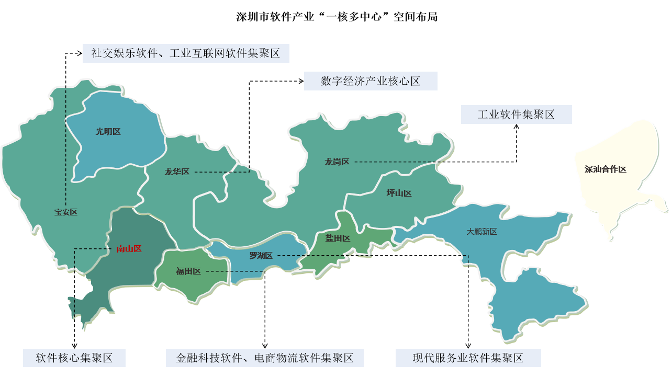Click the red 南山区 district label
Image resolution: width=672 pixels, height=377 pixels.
(x=129, y=249)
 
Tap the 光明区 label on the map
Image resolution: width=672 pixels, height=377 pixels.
(x=108, y=132)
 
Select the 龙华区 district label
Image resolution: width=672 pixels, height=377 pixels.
(x=176, y=172)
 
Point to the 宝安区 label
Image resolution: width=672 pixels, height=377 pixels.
(x=65, y=212)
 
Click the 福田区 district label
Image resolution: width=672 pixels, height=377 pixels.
(x=188, y=271)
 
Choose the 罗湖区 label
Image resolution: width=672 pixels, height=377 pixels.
(x=261, y=256)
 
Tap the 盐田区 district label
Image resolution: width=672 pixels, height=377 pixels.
(x=338, y=238)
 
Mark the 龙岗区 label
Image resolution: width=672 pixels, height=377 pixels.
(x=337, y=162)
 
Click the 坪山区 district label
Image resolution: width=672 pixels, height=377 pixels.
(x=399, y=193)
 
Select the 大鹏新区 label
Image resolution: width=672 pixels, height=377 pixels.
(x=481, y=232)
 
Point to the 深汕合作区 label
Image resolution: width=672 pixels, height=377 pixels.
(x=605, y=169)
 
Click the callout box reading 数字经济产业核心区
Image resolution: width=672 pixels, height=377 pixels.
(x=371, y=82)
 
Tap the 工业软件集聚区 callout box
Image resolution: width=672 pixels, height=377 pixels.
(x=516, y=115)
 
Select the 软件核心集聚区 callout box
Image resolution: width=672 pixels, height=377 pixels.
(x=74, y=358)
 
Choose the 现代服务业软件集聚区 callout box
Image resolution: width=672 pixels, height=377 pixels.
(x=468, y=358)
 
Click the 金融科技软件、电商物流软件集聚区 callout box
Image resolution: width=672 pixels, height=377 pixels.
(x=265, y=358)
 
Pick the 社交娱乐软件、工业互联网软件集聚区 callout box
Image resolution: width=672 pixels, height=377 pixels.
(x=186, y=53)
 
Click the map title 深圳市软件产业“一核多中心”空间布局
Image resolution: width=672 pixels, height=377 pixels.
(x=337, y=17)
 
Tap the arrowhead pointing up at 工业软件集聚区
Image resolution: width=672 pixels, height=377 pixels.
(x=517, y=127)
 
